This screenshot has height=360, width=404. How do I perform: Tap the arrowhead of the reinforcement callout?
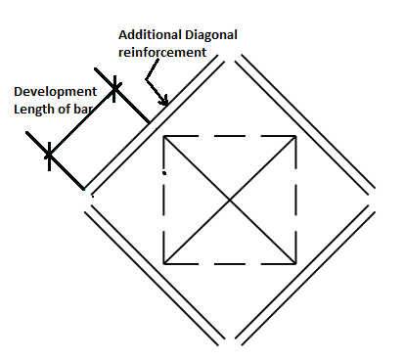point(167,102)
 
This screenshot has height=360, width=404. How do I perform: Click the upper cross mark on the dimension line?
point(115,90)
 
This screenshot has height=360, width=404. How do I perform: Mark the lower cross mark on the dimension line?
point(49,155)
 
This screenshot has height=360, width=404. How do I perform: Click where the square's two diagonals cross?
point(231,200)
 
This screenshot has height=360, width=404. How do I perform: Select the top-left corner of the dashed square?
point(165,136)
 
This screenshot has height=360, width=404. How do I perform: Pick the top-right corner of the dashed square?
point(296,136)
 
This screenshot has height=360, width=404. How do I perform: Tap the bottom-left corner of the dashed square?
point(165,263)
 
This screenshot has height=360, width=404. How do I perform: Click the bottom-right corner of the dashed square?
point(296,263)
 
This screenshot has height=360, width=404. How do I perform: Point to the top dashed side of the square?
point(231,136)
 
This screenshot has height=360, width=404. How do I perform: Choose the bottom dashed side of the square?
point(231,263)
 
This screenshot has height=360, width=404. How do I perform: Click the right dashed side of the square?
point(296,200)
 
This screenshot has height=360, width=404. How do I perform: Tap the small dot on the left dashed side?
point(164,172)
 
